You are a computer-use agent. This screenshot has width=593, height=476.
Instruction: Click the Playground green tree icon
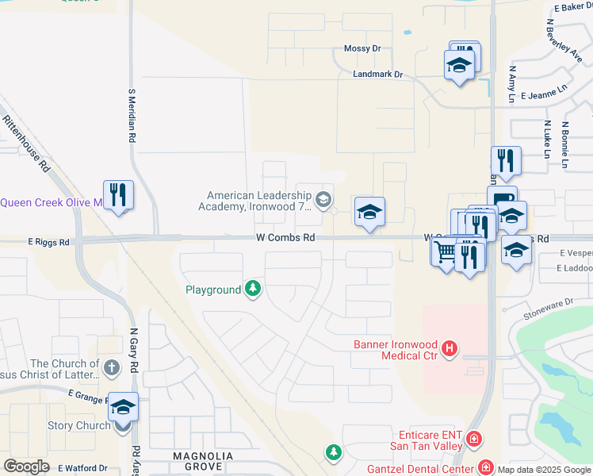(253, 289)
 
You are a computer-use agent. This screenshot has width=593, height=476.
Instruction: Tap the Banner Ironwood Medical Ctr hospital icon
(450, 348)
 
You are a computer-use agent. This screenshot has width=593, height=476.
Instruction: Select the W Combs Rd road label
(285, 237)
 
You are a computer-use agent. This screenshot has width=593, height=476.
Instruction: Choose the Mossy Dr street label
(362, 48)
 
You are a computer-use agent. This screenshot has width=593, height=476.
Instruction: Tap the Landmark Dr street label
(378, 75)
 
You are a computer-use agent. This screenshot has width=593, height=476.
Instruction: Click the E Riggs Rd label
(48, 241)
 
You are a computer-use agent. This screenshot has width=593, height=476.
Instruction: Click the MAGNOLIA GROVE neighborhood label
(204, 461)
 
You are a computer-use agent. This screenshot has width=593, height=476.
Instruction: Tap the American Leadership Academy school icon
(323, 198)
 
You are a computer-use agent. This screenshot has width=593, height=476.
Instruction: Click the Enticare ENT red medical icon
(474, 438)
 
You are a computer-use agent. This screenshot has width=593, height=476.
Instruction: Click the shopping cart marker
(446, 252)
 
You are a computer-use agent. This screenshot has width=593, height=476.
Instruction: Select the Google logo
(26, 466)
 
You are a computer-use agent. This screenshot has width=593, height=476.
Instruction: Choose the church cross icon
(112, 367)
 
